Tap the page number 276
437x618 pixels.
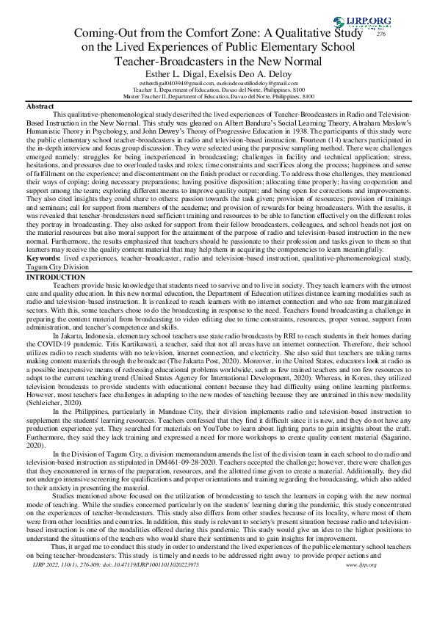click(x=380, y=34)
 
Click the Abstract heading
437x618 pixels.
click(x=40, y=107)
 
